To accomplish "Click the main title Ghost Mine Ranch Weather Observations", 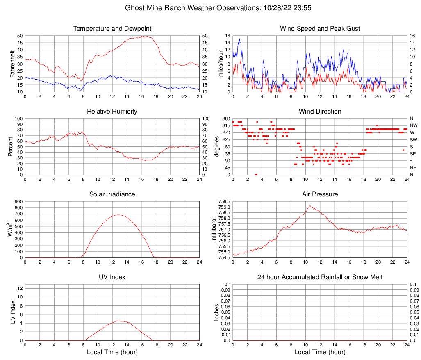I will pos(210,8).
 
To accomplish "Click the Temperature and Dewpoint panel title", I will pos(112,29).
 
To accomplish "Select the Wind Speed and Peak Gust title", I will pos(320,29).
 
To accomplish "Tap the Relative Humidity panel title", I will pos(112,112).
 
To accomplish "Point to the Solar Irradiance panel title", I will pos(112,194).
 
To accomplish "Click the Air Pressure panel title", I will pos(320,194).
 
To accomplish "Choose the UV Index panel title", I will pos(112,277).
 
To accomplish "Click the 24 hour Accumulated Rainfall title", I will pos(320,277).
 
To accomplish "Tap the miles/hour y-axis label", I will pos(221,64).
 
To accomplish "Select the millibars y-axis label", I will pos(214,230).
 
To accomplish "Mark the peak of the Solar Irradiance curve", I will pos(118,214).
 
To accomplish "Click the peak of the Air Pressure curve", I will pos(310,206).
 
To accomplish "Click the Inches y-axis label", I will pos(217,312).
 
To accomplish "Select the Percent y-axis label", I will pos(10,147).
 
